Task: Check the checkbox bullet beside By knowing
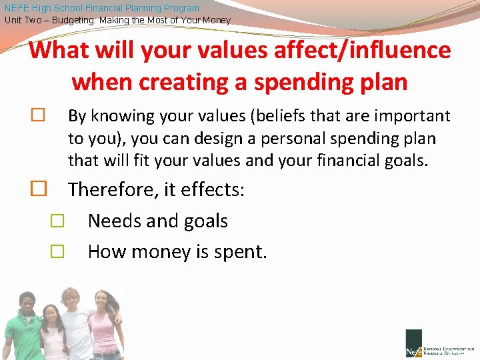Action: point(38,116)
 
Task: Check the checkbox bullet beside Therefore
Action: point(38,189)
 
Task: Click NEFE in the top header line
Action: point(17,8)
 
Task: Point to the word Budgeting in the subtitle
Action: point(69,20)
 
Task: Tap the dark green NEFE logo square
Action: point(413,343)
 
